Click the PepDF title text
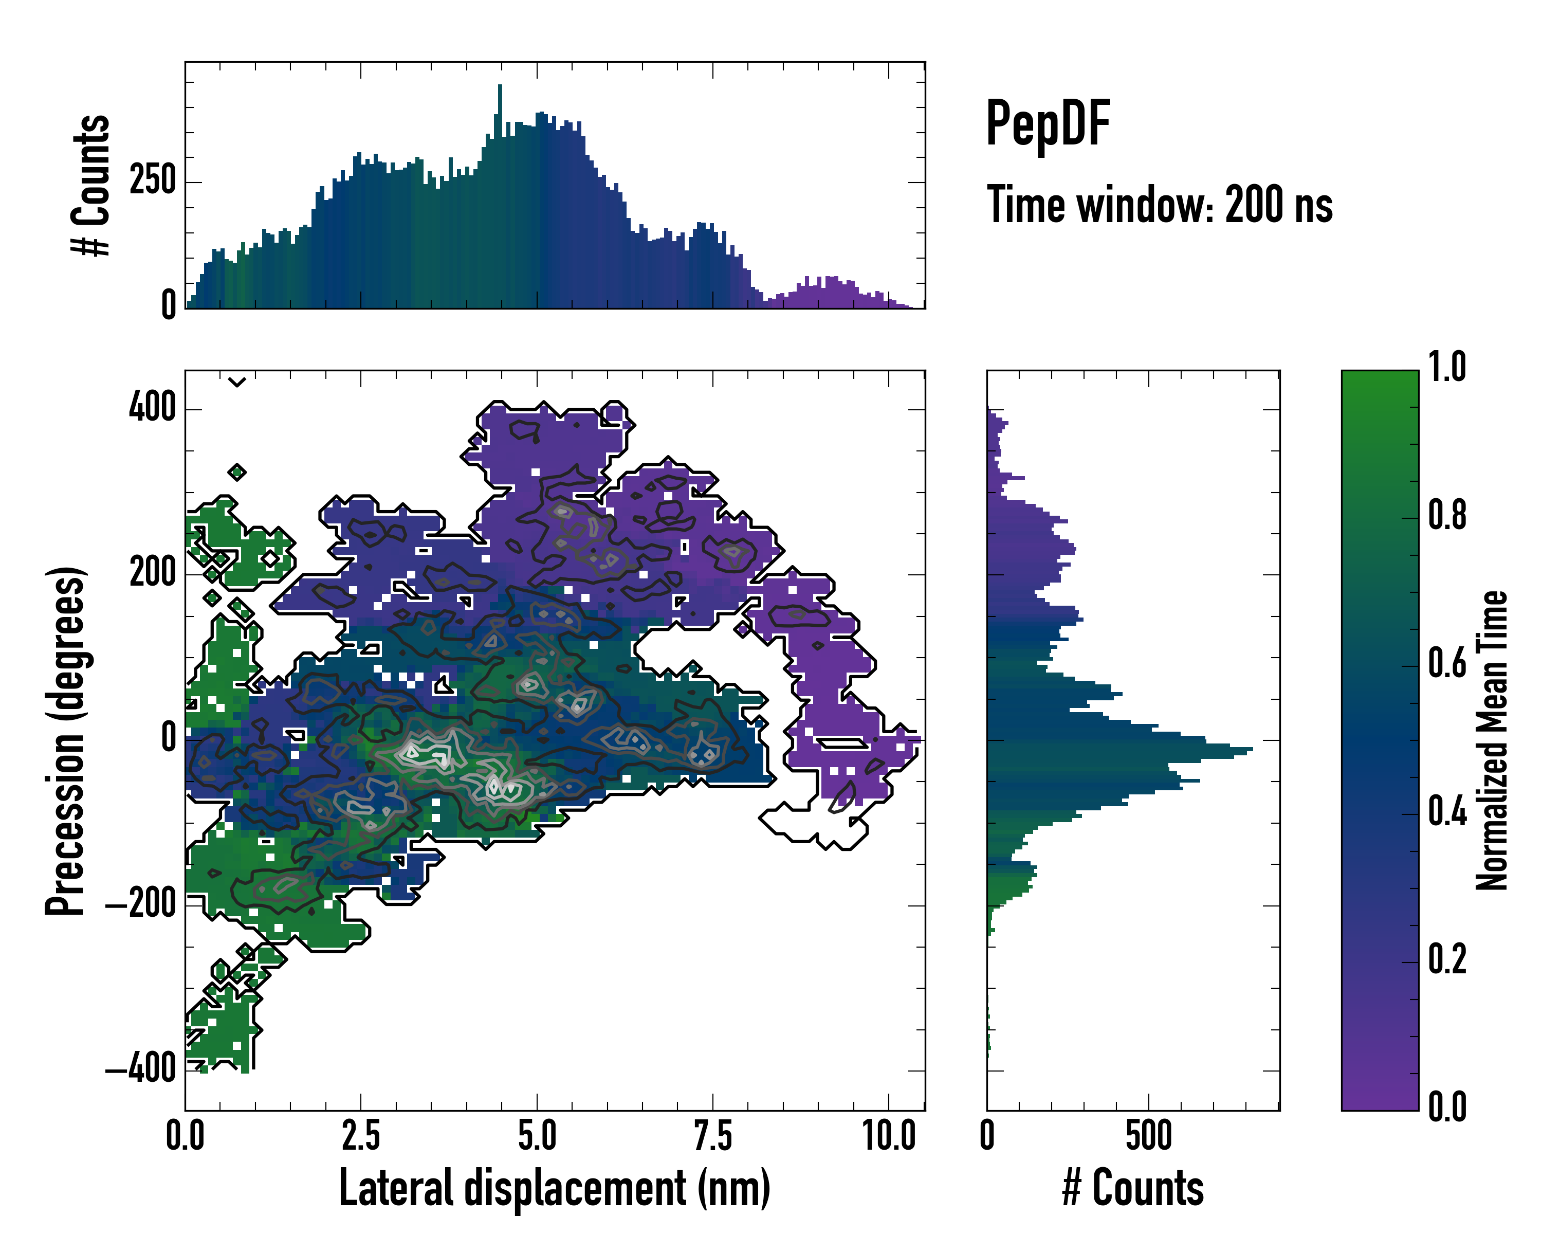point(1048,124)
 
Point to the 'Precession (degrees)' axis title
point(66,740)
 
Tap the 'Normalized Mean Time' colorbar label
point(1492,740)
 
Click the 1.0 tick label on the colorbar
point(1447,367)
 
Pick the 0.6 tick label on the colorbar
point(1447,663)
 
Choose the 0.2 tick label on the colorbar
point(1447,959)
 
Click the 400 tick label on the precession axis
point(152,408)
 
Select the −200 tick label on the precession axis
point(141,905)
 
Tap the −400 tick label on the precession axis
point(141,1070)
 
